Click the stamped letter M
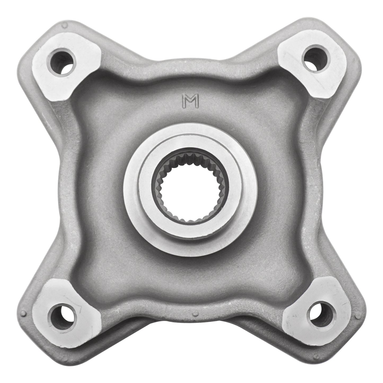[x=190, y=101]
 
